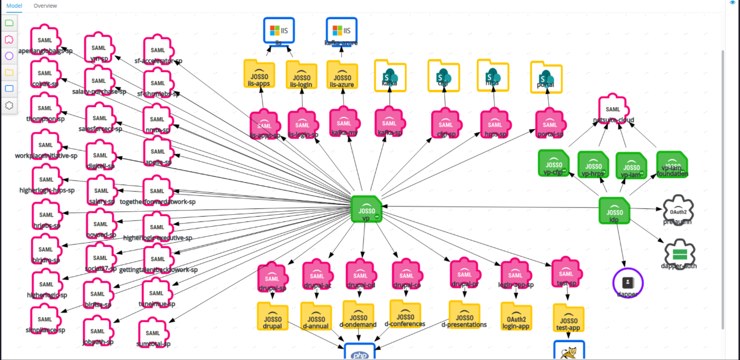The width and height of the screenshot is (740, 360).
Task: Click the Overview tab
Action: coord(45,6)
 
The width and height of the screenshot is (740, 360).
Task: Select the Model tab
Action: coord(14,6)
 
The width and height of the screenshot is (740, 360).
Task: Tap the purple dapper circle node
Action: coord(628,283)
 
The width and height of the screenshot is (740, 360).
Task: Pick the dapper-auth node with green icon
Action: coord(679,254)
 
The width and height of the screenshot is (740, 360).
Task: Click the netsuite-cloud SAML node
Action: coord(613,109)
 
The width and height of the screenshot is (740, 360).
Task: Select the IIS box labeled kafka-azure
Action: coord(341,30)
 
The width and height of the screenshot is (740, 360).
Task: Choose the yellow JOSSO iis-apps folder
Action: coord(259,75)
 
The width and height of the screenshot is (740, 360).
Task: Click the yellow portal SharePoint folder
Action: coord(546,77)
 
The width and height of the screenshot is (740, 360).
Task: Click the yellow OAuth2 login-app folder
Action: coord(515,316)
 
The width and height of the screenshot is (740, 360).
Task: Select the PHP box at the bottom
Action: coord(360,352)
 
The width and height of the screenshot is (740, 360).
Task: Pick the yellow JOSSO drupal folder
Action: coord(272,317)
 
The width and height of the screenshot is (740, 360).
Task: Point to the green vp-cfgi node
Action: coord(554,163)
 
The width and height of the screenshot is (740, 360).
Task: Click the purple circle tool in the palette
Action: coord(10,56)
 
